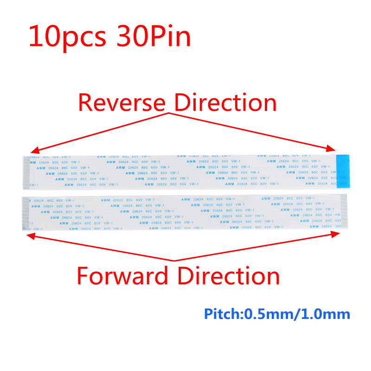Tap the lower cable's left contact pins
pyautogui.click(x=26, y=213)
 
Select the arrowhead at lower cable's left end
pyautogui.click(x=30, y=235)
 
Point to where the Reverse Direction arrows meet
pyautogui.click(x=171, y=112)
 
